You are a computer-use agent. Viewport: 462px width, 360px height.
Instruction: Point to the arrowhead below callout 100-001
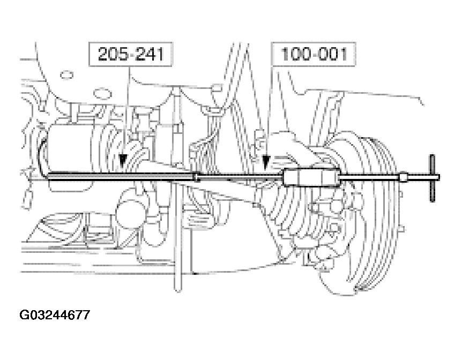click(x=264, y=159)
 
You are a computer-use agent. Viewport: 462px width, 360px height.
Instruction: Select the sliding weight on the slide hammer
click(x=311, y=177)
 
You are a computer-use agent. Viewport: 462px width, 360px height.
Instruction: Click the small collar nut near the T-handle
click(x=403, y=177)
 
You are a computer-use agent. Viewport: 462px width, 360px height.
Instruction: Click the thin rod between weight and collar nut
click(x=370, y=177)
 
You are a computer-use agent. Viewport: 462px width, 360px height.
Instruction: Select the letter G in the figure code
click(x=25, y=315)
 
